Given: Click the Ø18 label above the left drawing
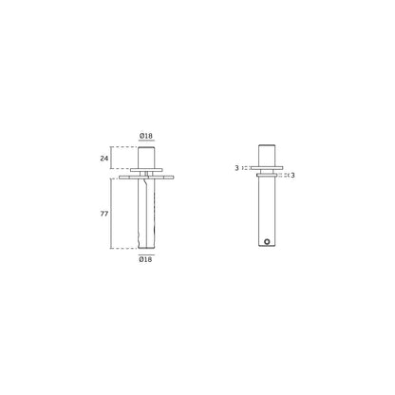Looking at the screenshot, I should coord(147,137).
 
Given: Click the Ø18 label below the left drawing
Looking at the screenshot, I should coord(147,258).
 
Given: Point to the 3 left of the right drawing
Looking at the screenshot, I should coord(236,169).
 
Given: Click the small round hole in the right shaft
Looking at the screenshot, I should coord(269,242).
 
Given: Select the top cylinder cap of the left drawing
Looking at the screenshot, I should coord(147,157).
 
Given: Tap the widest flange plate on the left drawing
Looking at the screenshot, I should coord(147,177).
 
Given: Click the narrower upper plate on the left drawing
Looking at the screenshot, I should coord(147,171).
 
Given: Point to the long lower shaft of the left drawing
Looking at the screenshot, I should coord(147,214).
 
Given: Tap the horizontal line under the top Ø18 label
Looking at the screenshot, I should coord(147,143).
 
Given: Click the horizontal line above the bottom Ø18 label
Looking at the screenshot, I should coord(147,252).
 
